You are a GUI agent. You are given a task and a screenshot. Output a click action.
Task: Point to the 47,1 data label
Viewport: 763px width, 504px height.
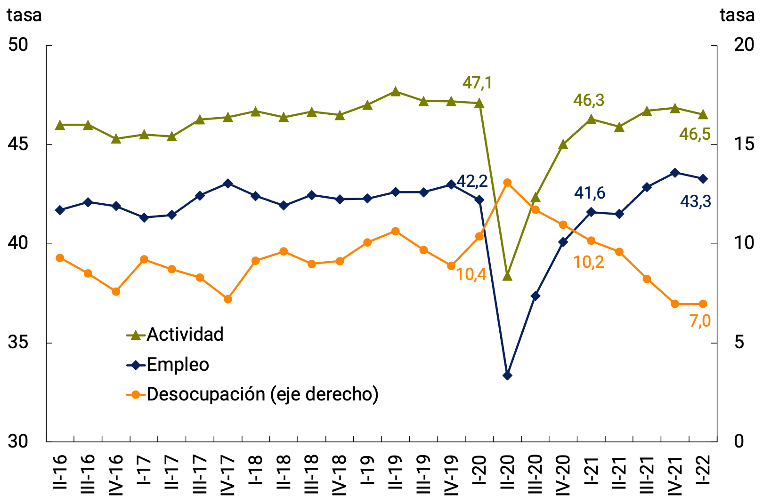coord(477,83)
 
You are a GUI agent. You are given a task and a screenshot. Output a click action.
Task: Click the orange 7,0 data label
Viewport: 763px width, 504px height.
coord(699,321)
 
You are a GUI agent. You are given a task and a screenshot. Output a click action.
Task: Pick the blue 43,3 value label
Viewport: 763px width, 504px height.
coord(695,201)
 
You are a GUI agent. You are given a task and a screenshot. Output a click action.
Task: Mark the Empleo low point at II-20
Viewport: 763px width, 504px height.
coord(507,376)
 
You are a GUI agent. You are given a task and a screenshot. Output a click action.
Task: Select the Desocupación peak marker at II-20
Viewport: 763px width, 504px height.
coord(507,183)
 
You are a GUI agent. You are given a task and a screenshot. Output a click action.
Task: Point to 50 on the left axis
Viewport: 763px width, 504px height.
coord(19,45)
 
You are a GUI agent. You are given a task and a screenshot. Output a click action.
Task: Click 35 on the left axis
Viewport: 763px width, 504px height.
coord(19,343)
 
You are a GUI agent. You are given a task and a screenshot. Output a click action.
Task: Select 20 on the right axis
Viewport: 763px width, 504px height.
coord(744,45)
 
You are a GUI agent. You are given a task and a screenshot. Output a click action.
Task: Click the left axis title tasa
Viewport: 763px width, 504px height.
coord(24,16)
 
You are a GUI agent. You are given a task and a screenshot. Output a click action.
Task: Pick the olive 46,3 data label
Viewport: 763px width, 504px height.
coord(588,100)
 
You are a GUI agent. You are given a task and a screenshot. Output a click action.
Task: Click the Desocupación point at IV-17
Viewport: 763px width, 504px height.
coord(228,299)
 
